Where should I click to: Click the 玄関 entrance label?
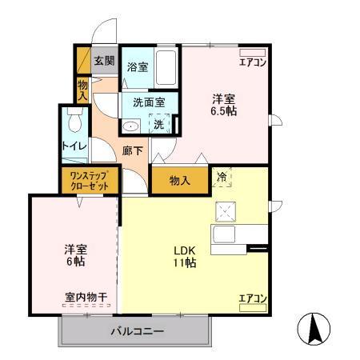[104, 61]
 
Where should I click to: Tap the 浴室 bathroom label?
[138, 67]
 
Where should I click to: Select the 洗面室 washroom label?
[149, 102]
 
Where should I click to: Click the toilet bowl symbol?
[74, 121]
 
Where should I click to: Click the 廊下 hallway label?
[133, 149]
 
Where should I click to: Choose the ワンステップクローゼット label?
[89, 180]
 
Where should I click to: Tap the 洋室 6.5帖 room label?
[224, 106]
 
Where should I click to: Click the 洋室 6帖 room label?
[75, 254]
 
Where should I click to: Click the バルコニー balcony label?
[137, 330]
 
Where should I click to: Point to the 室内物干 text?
[86, 298]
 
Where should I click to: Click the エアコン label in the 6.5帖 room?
[253, 61]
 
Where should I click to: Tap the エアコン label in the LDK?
[252, 298]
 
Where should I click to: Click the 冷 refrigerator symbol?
[222, 178]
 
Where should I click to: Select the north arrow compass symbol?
[314, 329]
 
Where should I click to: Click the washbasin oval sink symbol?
[130, 126]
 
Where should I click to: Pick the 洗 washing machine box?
[159, 124]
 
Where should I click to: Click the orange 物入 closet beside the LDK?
[180, 181]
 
